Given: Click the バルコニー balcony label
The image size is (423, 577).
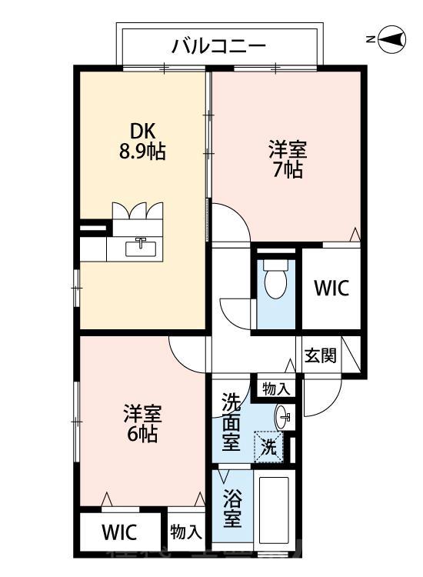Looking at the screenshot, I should click(218, 46).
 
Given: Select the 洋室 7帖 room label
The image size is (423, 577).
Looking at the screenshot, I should click(286, 158).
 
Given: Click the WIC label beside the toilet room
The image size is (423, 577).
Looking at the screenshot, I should click(331, 288).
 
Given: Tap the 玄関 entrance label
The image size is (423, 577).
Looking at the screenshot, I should click(319, 355).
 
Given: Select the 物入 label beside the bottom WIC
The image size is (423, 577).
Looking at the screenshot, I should click(185, 532).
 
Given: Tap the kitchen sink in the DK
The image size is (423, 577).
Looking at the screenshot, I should click(141, 248).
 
